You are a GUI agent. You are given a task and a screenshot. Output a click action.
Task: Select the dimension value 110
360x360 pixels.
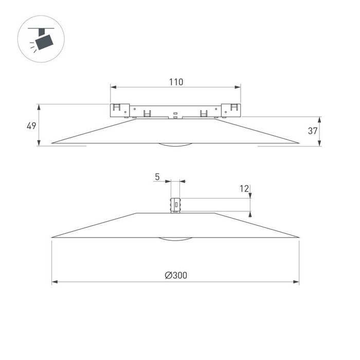(x=176, y=81)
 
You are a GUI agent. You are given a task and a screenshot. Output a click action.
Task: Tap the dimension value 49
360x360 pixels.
(x=31, y=125)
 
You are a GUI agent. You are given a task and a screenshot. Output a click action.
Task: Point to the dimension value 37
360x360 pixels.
(x=312, y=131)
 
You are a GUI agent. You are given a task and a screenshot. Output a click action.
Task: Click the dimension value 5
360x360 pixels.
(x=157, y=176)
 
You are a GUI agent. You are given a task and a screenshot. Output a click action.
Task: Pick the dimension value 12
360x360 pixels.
(x=244, y=189)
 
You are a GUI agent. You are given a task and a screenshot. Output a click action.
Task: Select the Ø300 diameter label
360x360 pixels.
(x=176, y=275)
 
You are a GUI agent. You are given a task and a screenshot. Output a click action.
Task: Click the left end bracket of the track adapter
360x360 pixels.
(x=119, y=111)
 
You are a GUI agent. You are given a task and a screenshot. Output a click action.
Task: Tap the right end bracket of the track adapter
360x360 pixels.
(x=232, y=111)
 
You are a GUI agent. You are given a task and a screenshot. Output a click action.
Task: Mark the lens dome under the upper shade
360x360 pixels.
(x=175, y=145)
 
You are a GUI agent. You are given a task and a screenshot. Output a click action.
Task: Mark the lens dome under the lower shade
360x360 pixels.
(x=175, y=239)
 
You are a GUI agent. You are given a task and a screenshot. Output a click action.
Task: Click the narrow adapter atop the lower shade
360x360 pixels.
(x=176, y=204)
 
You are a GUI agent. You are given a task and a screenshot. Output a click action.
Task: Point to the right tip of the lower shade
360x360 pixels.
(x=298, y=237)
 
